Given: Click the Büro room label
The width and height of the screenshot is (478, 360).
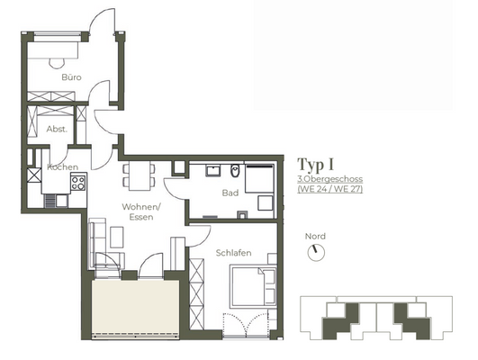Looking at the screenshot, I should [x=71, y=78].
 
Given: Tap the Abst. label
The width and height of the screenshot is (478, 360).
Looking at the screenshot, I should [x=56, y=129].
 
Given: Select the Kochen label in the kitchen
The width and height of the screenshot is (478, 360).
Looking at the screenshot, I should [x=62, y=167].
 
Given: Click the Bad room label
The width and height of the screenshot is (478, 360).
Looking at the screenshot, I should [x=230, y=193].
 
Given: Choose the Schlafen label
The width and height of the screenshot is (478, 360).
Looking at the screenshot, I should [x=232, y=254].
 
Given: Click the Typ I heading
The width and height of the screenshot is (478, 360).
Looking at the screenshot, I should [x=315, y=164].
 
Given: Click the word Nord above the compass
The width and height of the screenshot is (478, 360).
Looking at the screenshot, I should [x=315, y=238].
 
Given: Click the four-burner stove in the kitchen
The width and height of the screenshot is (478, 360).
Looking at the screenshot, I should [x=78, y=182].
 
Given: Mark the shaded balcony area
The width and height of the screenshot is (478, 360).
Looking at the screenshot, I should [x=135, y=307].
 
